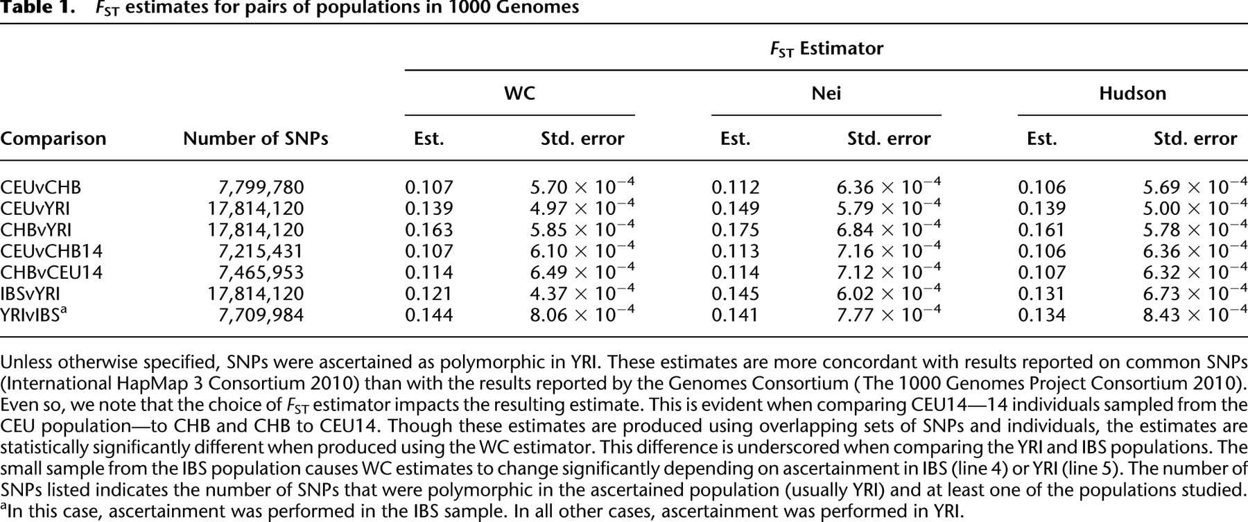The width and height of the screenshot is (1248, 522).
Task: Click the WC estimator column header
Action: click(519, 93)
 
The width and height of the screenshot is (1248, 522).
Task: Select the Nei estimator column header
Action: click(826, 93)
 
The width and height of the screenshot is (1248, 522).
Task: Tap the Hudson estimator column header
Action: click(1132, 93)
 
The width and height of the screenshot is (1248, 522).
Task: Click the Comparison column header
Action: click(53, 139)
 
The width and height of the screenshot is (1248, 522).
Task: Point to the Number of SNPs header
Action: click(255, 139)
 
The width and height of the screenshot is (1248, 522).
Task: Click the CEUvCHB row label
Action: click(41, 187)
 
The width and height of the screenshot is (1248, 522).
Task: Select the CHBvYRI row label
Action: click(36, 230)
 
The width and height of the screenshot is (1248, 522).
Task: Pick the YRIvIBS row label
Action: click(33, 314)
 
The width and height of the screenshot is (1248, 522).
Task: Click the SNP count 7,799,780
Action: click(261, 188)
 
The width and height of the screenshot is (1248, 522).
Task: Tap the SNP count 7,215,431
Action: click(261, 251)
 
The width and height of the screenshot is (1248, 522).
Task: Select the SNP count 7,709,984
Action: click(261, 315)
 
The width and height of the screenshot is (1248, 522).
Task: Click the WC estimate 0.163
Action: click(428, 230)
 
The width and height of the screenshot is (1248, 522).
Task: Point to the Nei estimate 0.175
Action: click(735, 230)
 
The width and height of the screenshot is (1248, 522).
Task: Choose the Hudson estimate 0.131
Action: click(1041, 293)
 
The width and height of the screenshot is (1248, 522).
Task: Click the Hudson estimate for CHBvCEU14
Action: click(1041, 272)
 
